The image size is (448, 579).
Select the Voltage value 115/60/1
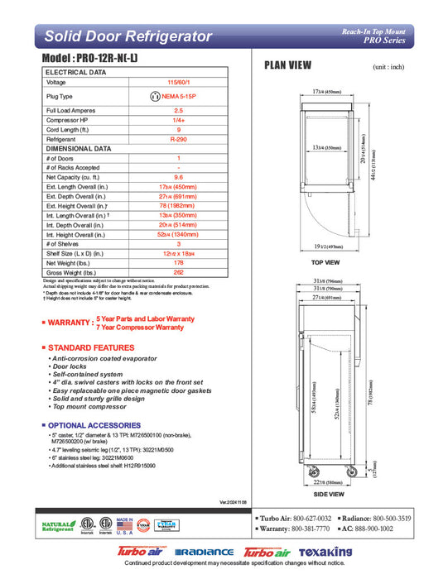pyautogui.click(x=178, y=83)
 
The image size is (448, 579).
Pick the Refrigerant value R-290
pyautogui.click(x=178, y=140)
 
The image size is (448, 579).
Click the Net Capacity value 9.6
pyautogui.click(x=178, y=177)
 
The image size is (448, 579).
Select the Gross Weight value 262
pyautogui.click(x=178, y=272)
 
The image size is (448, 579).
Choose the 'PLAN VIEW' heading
pyautogui.click(x=287, y=65)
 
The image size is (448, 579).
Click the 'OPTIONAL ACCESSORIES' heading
pyautogui.click(x=92, y=424)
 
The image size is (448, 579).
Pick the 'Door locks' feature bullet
pyautogui.click(x=70, y=365)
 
